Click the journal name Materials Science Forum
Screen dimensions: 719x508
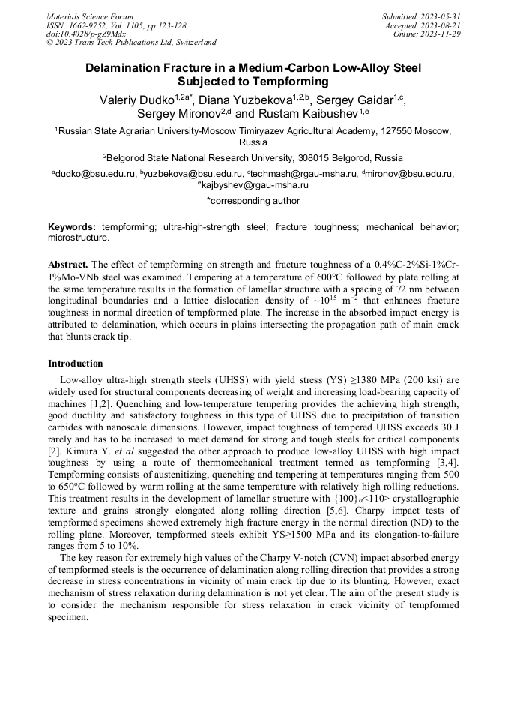[90, 16]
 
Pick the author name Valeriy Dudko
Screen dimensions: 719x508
[136, 100]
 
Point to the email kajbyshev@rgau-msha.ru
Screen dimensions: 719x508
[255, 184]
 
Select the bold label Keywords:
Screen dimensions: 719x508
[72, 226]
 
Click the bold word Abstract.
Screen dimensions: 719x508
[69, 265]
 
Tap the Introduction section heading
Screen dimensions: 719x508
[75, 363]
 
